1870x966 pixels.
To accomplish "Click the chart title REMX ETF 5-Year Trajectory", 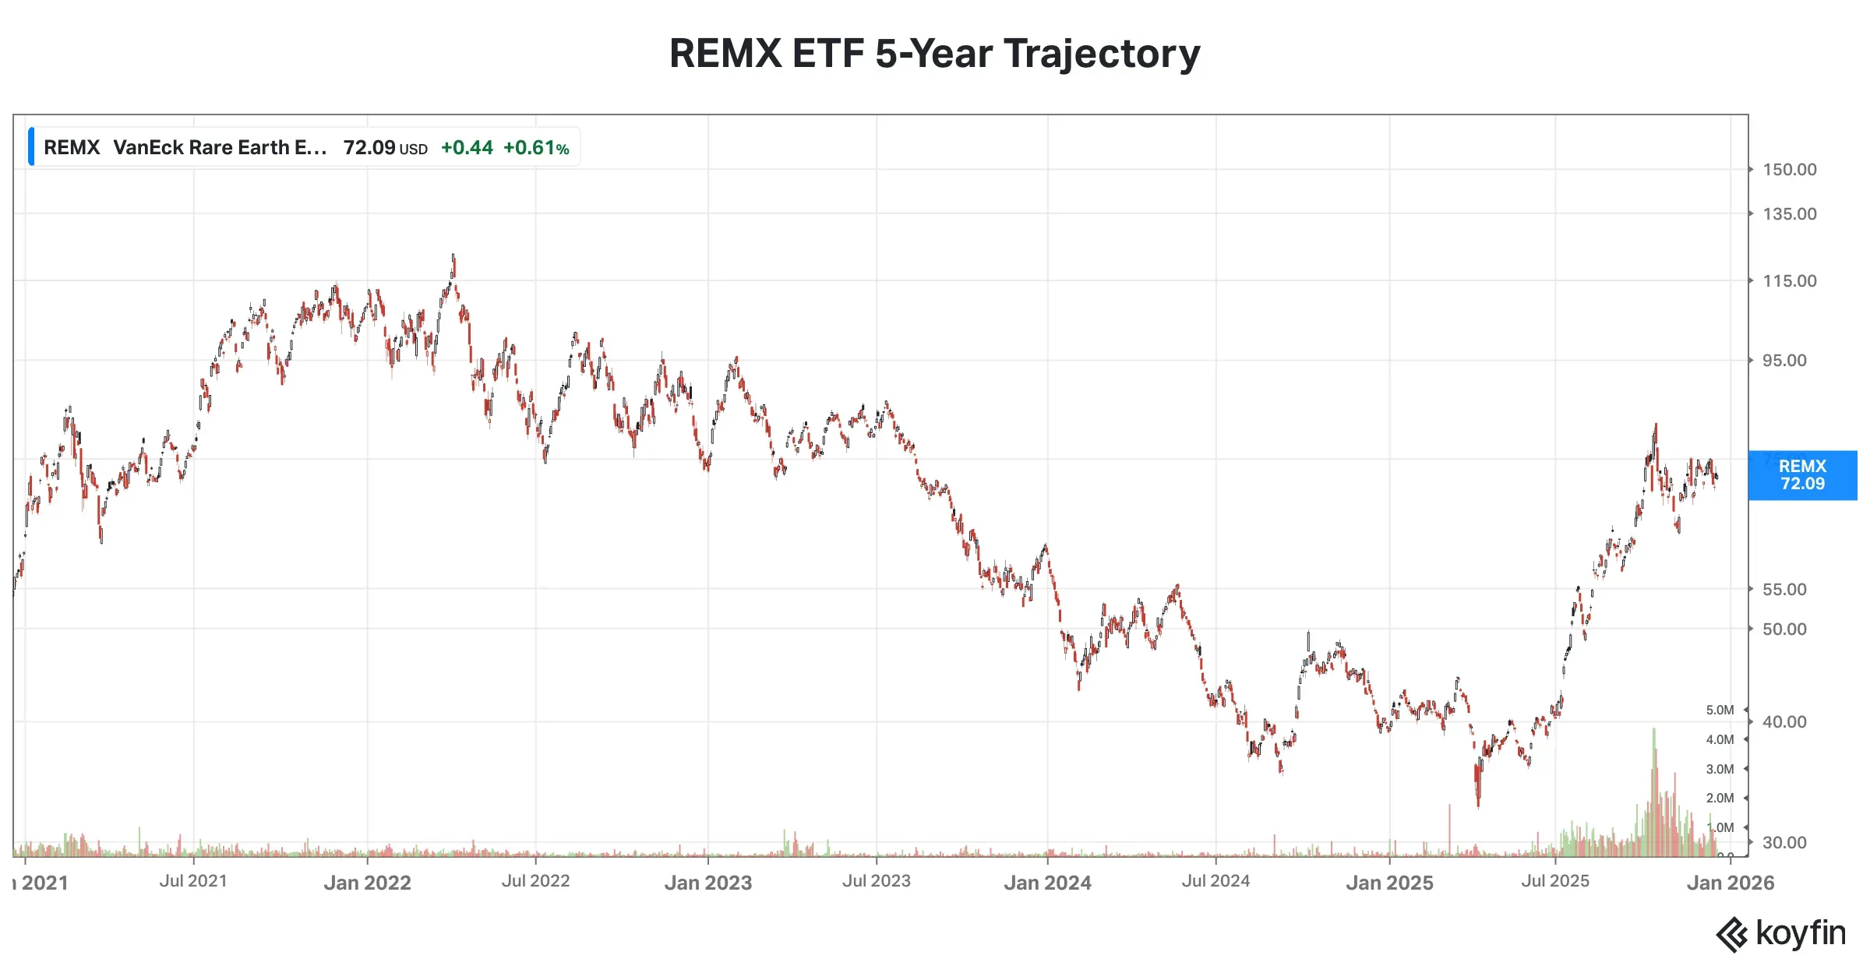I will [934, 54].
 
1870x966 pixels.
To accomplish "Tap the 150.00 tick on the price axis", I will [1789, 170].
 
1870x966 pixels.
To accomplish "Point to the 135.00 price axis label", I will [1789, 214].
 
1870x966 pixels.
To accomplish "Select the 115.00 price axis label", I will [1789, 281].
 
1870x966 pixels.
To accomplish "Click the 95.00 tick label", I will [1784, 361].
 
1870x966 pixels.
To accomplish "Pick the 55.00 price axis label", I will [1784, 590].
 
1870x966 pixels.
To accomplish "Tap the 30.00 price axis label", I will [1784, 843].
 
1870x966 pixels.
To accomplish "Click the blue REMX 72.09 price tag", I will [1802, 475].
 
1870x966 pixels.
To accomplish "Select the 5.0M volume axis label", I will [1720, 710].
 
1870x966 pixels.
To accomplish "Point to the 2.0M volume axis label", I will [1720, 799].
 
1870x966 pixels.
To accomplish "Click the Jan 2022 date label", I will [367, 883].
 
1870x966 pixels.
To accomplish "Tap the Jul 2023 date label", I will [876, 881].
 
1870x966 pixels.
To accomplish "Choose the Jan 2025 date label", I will [1389, 883].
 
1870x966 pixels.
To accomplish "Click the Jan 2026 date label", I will [1730, 883].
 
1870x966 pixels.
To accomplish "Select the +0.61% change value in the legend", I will [536, 148].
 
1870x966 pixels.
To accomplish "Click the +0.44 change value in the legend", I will [467, 148].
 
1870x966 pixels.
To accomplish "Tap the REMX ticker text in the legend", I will [72, 148].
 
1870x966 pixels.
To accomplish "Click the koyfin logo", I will [1780, 934].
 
